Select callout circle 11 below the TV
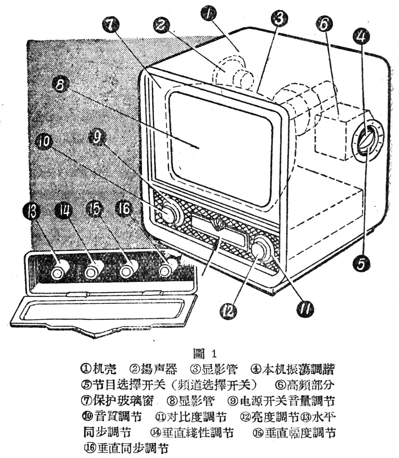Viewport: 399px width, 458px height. pyautogui.click(x=304, y=309)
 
